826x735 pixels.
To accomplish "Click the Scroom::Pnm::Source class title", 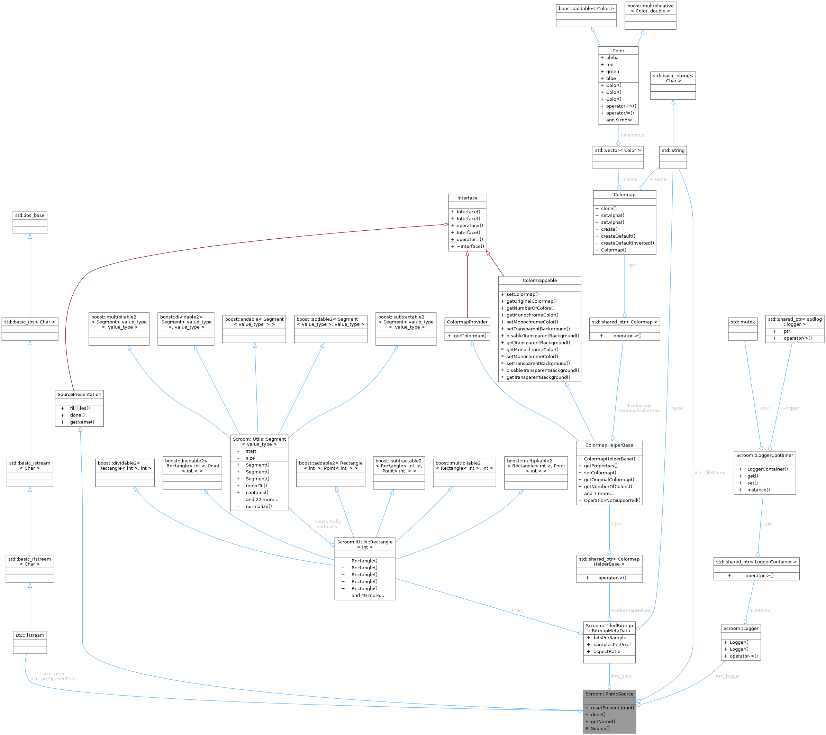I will pyautogui.click(x=609, y=694).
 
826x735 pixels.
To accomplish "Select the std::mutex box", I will pyautogui.click(x=742, y=322).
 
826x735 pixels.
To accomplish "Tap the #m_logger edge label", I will pyautogui.click(x=727, y=676).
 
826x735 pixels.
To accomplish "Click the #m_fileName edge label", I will pyautogui.click(x=710, y=472).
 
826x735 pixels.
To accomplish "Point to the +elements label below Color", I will pyautogui.click(x=632, y=135).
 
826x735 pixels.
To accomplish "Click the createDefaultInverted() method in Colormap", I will pyautogui.click(x=627, y=243).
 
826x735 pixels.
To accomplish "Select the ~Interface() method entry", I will pyautogui.click(x=470, y=246).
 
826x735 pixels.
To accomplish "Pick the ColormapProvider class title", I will pyautogui.click(x=467, y=322).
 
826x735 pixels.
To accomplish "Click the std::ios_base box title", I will pyautogui.click(x=30, y=215).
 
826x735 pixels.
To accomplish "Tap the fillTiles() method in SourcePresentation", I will pyautogui.click(x=80, y=408).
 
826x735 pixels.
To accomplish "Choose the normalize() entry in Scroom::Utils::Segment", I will pyautogui.click(x=258, y=506).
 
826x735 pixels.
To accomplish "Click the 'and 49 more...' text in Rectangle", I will pyautogui.click(x=367, y=595).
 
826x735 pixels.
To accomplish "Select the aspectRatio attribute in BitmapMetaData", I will pyautogui.click(x=607, y=651).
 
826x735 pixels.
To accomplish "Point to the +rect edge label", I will pyautogui.click(x=517, y=610).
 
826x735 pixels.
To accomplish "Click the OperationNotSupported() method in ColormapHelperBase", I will pyautogui.click(x=612, y=500).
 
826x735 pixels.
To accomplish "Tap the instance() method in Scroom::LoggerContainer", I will pyautogui.click(x=758, y=490).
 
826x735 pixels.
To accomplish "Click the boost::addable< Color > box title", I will pyautogui.click(x=586, y=9).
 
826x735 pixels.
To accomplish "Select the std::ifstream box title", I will pyautogui.click(x=30, y=635).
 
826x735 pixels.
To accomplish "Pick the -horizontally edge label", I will pyautogui.click(x=327, y=521).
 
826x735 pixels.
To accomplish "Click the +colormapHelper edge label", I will pyautogui.click(x=630, y=610).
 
